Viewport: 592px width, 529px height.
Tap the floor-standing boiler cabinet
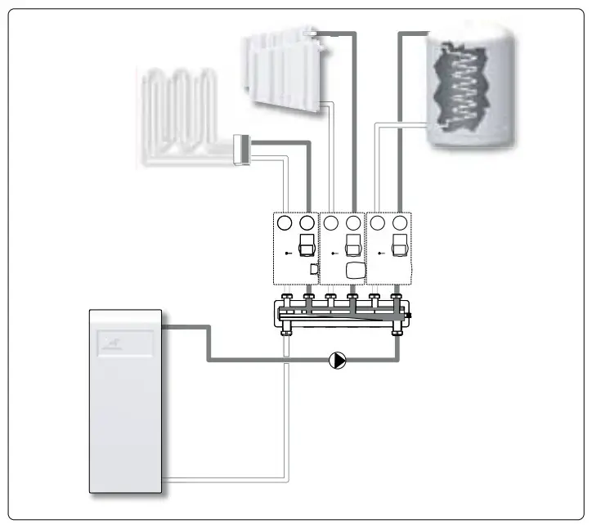click(128, 401)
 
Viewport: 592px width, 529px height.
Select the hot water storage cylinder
click(470, 86)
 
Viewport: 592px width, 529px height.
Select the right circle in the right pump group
click(400, 222)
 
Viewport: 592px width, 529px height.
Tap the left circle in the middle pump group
click(331, 222)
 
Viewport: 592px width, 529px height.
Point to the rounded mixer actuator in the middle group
click(356, 271)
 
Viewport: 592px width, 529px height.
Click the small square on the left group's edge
click(313, 269)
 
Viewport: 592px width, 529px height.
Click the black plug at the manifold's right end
click(409, 315)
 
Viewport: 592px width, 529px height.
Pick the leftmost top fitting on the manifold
click(286, 298)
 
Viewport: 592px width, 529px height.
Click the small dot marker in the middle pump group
click(334, 254)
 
